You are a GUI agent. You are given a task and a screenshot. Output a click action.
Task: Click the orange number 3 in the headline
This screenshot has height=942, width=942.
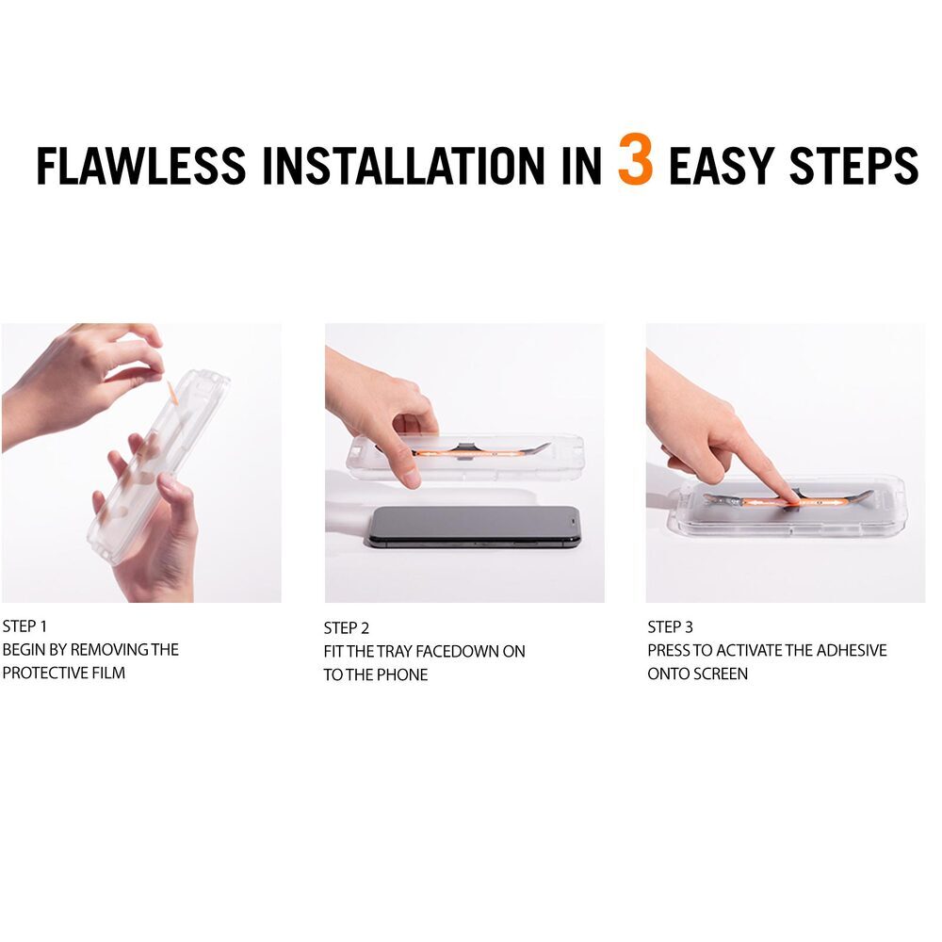click(x=635, y=159)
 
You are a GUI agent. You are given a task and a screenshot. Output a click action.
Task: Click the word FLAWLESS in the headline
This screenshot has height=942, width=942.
click(x=141, y=165)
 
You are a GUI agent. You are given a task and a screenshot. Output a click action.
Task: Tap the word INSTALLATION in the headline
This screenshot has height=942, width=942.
click(x=402, y=165)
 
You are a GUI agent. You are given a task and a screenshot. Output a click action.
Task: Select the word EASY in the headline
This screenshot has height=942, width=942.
click(x=721, y=165)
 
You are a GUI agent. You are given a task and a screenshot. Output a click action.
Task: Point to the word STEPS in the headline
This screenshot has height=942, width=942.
click(x=853, y=165)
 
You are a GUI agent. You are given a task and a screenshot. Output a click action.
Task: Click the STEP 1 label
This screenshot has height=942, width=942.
click(x=24, y=626)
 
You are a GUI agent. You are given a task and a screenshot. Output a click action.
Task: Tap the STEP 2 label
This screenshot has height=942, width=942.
click(x=346, y=627)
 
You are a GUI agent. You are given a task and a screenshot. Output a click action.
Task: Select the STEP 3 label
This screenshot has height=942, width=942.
click(x=670, y=626)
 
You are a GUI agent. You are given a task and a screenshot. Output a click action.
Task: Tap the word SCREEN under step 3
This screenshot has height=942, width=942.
click(x=723, y=674)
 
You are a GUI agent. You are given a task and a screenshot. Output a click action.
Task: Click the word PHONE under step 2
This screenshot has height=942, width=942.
click(x=402, y=674)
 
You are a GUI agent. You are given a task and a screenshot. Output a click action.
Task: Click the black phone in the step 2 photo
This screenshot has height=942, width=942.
click(x=474, y=527)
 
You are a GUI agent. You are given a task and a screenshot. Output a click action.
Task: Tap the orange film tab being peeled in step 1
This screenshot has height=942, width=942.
click(x=171, y=392)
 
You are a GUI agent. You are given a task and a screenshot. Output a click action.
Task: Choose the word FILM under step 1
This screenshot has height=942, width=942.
click(x=108, y=673)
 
